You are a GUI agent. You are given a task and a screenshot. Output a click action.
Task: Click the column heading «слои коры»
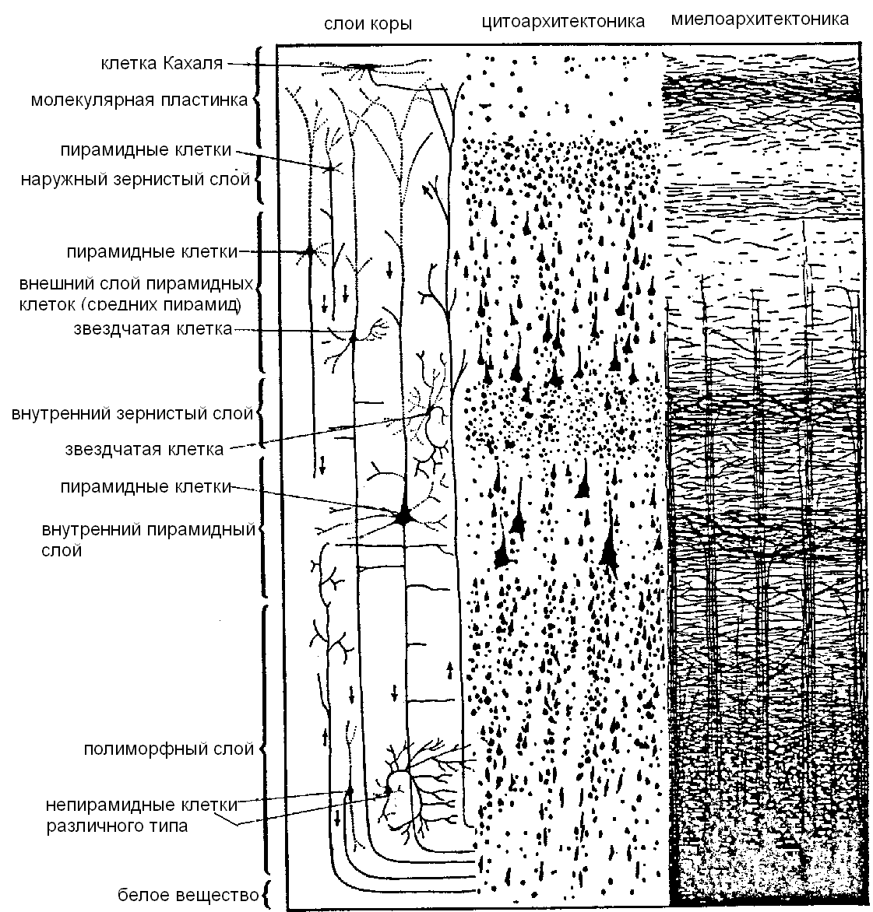click(368, 24)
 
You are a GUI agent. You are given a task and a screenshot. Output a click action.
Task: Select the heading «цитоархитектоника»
click(563, 22)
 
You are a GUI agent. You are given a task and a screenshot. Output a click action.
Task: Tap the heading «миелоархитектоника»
click(759, 19)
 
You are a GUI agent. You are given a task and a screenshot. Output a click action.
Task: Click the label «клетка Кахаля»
click(162, 63)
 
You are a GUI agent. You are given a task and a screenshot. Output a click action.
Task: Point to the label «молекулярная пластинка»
click(139, 100)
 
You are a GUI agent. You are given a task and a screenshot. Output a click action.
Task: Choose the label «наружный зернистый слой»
click(135, 179)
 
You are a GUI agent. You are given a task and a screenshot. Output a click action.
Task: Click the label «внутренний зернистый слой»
click(132, 413)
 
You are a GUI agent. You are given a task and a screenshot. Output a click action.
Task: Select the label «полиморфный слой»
click(169, 749)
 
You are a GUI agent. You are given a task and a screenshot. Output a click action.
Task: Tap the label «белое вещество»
click(188, 895)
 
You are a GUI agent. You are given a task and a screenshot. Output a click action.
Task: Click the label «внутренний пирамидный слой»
click(149, 540)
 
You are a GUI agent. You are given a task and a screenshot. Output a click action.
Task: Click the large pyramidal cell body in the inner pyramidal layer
click(403, 515)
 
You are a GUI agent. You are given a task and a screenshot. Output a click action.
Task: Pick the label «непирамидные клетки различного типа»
click(142, 816)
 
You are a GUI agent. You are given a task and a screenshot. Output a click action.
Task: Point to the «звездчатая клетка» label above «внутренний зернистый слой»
click(153, 328)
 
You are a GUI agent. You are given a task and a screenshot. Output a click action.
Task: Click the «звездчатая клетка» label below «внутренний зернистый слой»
click(144, 450)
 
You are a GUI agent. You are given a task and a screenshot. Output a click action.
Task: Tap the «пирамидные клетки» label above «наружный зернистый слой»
click(146, 150)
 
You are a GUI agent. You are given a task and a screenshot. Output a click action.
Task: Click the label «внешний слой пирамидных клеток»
click(136, 293)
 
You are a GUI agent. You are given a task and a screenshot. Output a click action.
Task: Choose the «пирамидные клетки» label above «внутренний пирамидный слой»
click(146, 487)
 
